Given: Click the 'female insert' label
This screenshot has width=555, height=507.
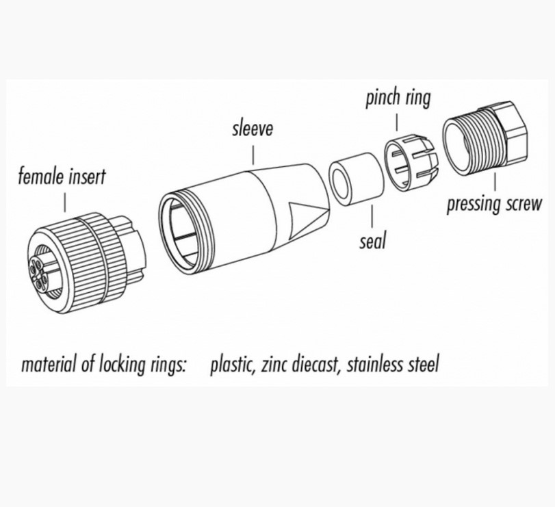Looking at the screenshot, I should pyautogui.click(x=62, y=177).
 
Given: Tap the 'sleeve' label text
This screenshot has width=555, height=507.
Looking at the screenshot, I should pyautogui.click(x=252, y=129).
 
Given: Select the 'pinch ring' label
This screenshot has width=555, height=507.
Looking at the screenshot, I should pyautogui.click(x=398, y=99).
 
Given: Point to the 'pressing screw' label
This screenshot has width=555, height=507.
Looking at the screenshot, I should pyautogui.click(x=493, y=204).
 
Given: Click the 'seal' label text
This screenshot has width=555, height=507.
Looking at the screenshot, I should pyautogui.click(x=372, y=240).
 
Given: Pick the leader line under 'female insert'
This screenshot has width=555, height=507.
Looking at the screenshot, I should pyautogui.click(x=64, y=203).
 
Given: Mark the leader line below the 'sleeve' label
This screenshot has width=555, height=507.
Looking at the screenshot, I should pyautogui.click(x=253, y=152).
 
